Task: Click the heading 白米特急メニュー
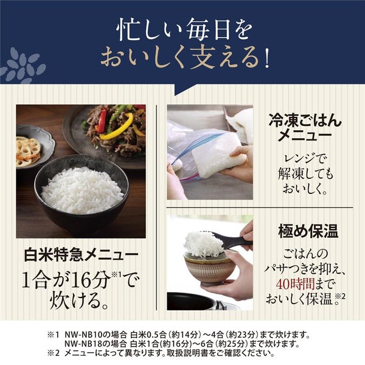pos(82,255)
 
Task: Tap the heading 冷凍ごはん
pos(305,121)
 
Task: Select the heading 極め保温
pos(308,231)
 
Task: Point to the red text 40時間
pos(295,283)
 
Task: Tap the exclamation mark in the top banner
pos(266,58)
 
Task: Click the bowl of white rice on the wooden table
pos(82,193)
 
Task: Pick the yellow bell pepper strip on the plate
pos(117,128)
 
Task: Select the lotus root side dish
pos(28,151)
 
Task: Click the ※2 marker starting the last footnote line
pos(54,353)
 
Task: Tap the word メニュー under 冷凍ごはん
pos(305,136)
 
